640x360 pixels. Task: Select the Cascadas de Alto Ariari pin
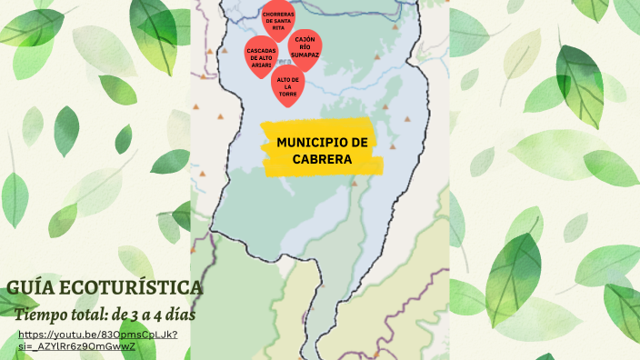pos(260,54)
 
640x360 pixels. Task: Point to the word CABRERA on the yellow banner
pos(323,159)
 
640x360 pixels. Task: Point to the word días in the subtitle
pos(182,315)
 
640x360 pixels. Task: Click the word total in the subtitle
pos(86,315)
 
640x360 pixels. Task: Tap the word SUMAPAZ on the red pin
pos(305,55)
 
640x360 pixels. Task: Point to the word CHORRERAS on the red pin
pos(278,15)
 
